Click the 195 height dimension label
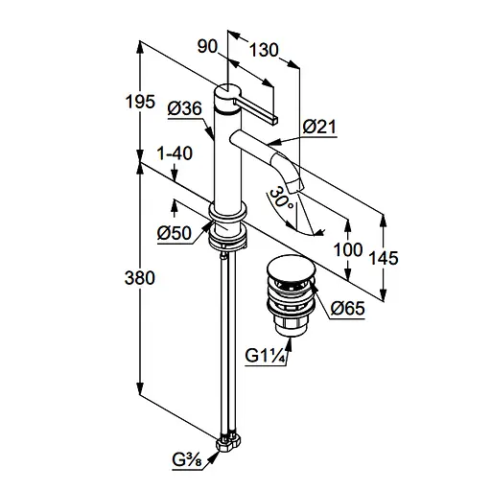[x=140, y=102]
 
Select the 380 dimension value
[x=140, y=278]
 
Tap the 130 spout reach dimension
[x=264, y=50]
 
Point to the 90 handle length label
[x=207, y=46]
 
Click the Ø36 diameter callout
[x=185, y=108]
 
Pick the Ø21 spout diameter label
[x=319, y=127]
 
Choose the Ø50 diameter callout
[x=175, y=233]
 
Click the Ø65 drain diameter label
[x=347, y=309]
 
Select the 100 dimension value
[x=348, y=249]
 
